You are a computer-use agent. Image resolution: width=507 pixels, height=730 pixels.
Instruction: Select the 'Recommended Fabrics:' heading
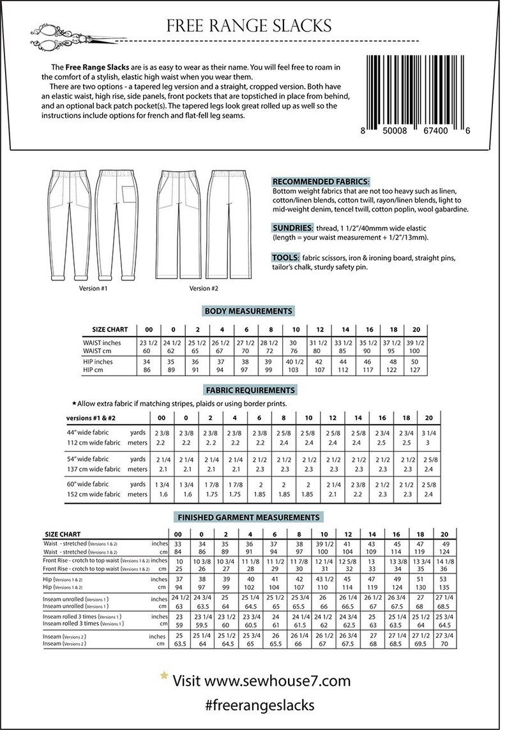coord(321,181)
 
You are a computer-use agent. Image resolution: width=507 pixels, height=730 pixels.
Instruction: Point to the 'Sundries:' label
coord(292,228)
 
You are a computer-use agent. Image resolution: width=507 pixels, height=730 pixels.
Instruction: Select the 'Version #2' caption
coord(204,288)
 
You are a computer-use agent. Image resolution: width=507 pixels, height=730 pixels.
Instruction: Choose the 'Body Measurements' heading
coord(248,311)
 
